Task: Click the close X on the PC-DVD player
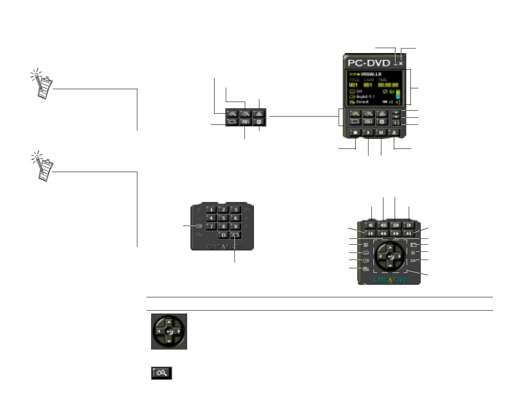click(401, 63)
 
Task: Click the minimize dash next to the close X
click(395, 64)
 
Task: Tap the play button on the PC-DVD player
click(369, 133)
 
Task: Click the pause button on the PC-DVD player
click(381, 133)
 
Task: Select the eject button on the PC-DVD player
click(394, 133)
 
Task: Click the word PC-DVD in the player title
click(369, 63)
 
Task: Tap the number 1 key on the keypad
click(211, 210)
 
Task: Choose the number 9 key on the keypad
click(235, 226)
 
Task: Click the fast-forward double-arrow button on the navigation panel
click(396, 234)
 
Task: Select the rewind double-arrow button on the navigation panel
click(383, 234)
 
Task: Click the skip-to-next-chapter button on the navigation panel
click(409, 234)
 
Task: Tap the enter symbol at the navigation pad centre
click(390, 257)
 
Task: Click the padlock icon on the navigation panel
click(413, 253)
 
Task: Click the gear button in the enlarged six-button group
click(259, 122)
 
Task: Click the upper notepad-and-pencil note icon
click(43, 85)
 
